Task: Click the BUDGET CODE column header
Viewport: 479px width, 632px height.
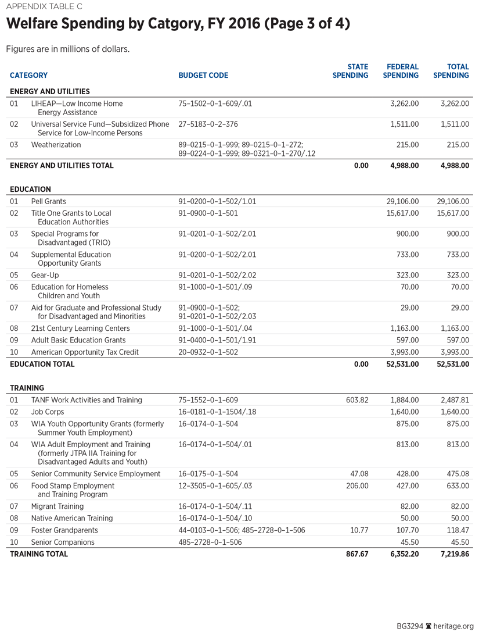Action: point(203,76)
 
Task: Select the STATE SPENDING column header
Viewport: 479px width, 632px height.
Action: point(350,72)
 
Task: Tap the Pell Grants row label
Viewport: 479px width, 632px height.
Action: point(49,201)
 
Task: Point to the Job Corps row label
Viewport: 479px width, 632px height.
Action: point(48,412)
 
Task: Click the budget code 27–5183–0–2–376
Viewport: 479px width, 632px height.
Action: point(208,124)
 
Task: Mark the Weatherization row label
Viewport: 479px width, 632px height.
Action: point(56,145)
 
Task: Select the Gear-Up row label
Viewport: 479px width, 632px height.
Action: point(45,275)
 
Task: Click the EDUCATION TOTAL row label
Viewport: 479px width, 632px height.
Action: point(42,365)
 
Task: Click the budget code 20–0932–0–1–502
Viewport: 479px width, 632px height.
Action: point(208,352)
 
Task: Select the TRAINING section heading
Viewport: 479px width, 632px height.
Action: point(27,388)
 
